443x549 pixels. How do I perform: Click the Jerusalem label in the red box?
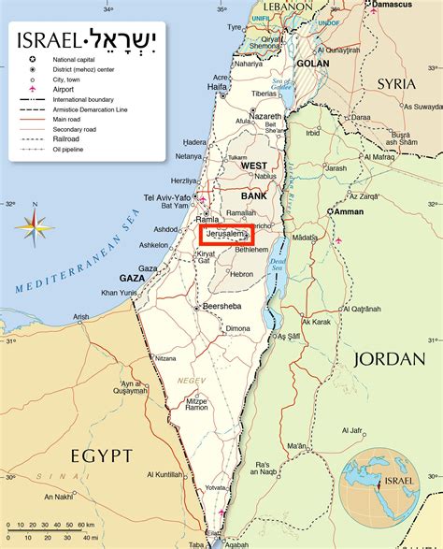(x=227, y=235)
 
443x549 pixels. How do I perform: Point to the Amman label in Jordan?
(x=348, y=211)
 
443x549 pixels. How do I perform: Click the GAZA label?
(x=132, y=278)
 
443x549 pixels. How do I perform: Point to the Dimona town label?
(x=238, y=328)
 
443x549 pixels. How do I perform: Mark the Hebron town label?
(x=242, y=273)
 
